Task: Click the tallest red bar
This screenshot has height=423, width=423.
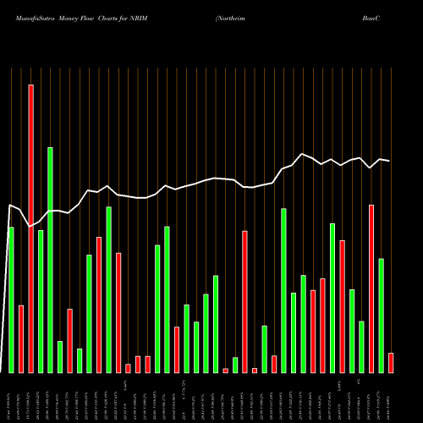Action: tap(30, 228)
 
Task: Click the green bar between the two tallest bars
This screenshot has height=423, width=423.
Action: tap(41, 301)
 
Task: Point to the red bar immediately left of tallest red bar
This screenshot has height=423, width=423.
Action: tap(21, 338)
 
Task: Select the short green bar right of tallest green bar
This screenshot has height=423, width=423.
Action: tap(60, 356)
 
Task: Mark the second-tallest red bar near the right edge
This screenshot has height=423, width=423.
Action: tap(371, 288)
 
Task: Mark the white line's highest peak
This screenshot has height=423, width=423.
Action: tap(302, 153)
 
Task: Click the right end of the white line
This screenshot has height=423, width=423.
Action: tap(389, 161)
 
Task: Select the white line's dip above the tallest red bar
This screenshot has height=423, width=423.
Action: tap(30, 227)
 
